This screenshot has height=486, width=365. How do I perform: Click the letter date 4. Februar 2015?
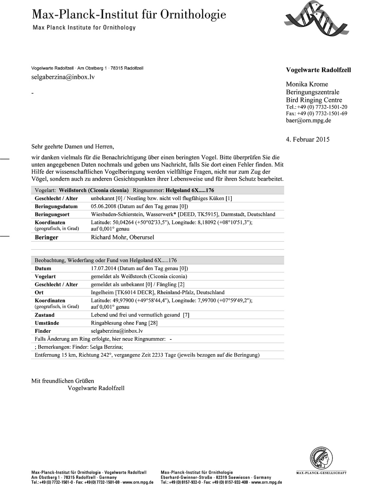click(x=308, y=139)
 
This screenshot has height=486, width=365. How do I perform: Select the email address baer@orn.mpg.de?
click(x=308, y=120)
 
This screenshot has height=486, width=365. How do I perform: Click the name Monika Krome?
click(x=307, y=84)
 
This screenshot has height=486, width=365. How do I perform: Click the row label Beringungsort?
click(x=52, y=214)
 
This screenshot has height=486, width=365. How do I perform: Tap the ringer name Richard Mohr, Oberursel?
click(x=122, y=237)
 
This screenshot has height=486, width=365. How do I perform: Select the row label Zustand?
click(x=45, y=315)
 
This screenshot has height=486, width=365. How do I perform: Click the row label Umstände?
click(x=47, y=323)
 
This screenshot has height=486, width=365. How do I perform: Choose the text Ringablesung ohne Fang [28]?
click(x=124, y=323)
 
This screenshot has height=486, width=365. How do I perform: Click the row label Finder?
click(x=43, y=331)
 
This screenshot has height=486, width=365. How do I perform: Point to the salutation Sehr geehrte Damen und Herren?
click(x=73, y=147)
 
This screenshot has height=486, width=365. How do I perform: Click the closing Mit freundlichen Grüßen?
click(x=62, y=381)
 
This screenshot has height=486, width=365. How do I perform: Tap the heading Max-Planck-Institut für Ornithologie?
click(x=129, y=15)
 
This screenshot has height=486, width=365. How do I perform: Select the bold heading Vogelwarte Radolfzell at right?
click(x=318, y=70)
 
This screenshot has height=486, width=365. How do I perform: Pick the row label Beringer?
click(x=46, y=237)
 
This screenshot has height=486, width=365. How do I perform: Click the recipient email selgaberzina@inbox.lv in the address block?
click(x=63, y=77)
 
